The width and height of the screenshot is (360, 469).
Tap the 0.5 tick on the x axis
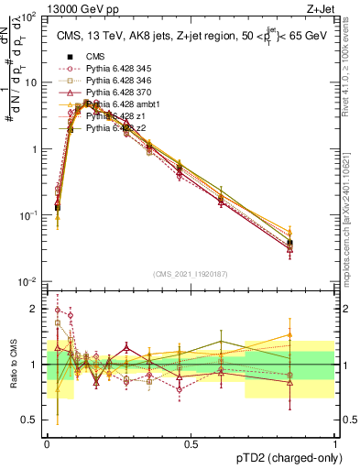pos(191,443)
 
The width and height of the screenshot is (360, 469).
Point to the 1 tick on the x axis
pos(335,443)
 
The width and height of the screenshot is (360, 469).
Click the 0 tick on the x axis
pos(48,443)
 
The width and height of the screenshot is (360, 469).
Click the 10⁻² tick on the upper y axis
pos(30,281)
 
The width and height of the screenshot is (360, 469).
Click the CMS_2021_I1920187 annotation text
pos(191,273)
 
